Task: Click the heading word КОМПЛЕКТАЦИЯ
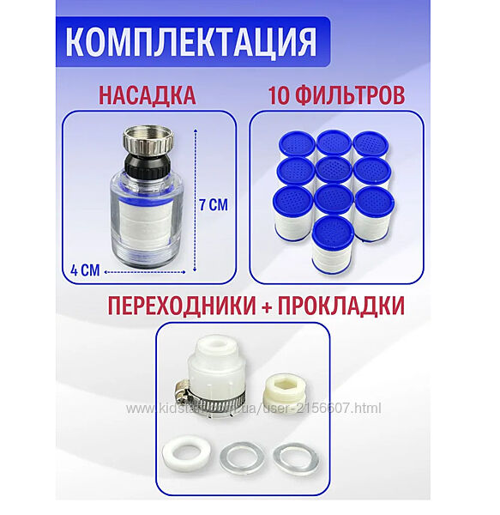(191, 42)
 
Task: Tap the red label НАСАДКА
(148, 95)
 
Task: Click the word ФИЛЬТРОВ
(351, 95)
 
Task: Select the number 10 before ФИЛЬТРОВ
(280, 95)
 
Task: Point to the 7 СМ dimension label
(214, 205)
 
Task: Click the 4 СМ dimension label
(85, 270)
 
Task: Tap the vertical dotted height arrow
(196, 200)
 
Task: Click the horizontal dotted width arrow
(145, 272)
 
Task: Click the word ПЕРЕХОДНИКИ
(182, 306)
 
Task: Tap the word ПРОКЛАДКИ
(341, 306)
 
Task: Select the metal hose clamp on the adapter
(209, 397)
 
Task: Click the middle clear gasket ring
(242, 457)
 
